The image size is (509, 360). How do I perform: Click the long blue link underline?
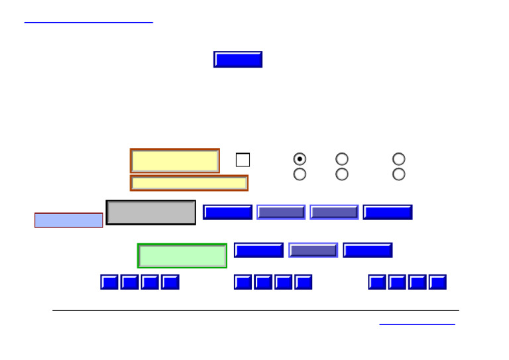[88, 23]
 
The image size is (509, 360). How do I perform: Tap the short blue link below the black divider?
[417, 324]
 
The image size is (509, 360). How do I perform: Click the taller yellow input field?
[175, 161]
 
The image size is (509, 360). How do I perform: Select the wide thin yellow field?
[189, 183]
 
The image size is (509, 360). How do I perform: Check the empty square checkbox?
[243, 160]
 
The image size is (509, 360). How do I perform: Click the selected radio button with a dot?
[300, 159]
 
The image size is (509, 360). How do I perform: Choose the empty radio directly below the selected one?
[300, 174]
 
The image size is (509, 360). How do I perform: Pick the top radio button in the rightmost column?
[398, 159]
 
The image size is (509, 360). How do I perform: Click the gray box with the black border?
[151, 212]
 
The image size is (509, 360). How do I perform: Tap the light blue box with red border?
[69, 220]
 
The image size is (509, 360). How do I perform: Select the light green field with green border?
[182, 256]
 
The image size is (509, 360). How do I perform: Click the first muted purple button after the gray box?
[281, 212]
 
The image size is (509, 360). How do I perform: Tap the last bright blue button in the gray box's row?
[388, 212]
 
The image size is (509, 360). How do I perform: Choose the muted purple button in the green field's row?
[313, 250]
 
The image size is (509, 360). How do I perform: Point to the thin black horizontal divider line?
[255, 310]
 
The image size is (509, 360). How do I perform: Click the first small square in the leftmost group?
[109, 282]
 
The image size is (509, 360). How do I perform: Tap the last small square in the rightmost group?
[437, 282]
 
